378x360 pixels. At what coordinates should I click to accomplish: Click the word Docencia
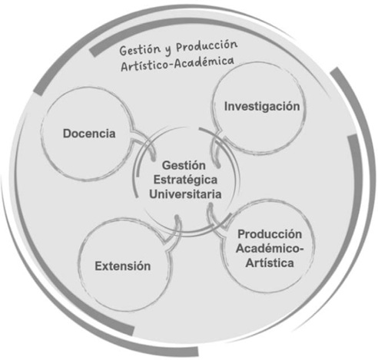89,134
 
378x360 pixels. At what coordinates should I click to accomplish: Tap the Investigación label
262,107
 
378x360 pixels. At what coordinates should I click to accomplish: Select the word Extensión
123,266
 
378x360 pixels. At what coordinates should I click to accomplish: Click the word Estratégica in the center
185,180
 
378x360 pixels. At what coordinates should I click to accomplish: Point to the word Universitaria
185,194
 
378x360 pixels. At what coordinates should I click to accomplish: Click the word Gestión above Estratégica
184,166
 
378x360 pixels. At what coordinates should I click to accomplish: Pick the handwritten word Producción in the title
207,46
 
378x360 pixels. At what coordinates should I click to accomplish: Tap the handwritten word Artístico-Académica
177,64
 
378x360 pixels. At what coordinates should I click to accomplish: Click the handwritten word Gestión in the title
140,50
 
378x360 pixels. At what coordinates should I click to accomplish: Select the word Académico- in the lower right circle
270,249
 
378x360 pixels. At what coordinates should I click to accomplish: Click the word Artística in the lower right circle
270,263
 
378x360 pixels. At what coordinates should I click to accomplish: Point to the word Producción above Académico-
270,234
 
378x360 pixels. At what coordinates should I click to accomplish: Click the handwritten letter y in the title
168,50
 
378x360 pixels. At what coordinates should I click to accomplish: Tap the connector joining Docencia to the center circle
144,144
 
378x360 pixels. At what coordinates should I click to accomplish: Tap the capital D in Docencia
68,134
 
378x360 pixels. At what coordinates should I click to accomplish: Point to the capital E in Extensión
99,266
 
